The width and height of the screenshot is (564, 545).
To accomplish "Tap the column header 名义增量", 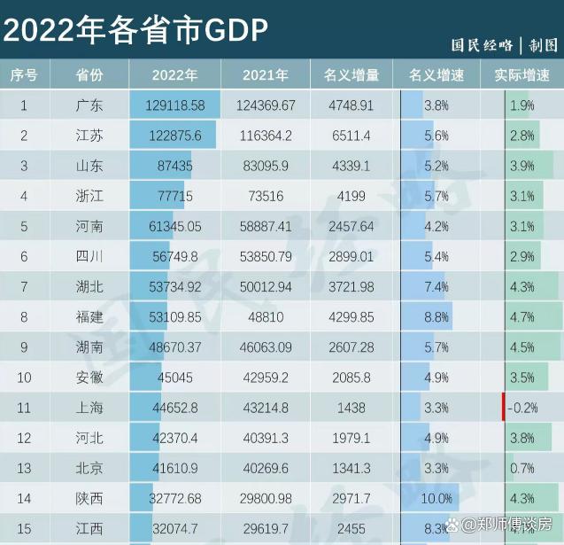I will tap(352, 75).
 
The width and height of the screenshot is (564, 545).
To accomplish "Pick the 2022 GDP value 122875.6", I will tap(174, 136).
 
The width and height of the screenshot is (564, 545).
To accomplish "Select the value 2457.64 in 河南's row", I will tap(352, 227).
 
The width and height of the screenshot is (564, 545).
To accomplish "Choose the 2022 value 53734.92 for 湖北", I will tap(174, 287).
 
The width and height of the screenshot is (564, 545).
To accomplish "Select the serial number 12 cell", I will tap(24, 439).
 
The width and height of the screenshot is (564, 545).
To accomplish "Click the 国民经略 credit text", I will tap(482, 46).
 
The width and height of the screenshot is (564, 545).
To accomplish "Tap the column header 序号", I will tap(24, 75).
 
